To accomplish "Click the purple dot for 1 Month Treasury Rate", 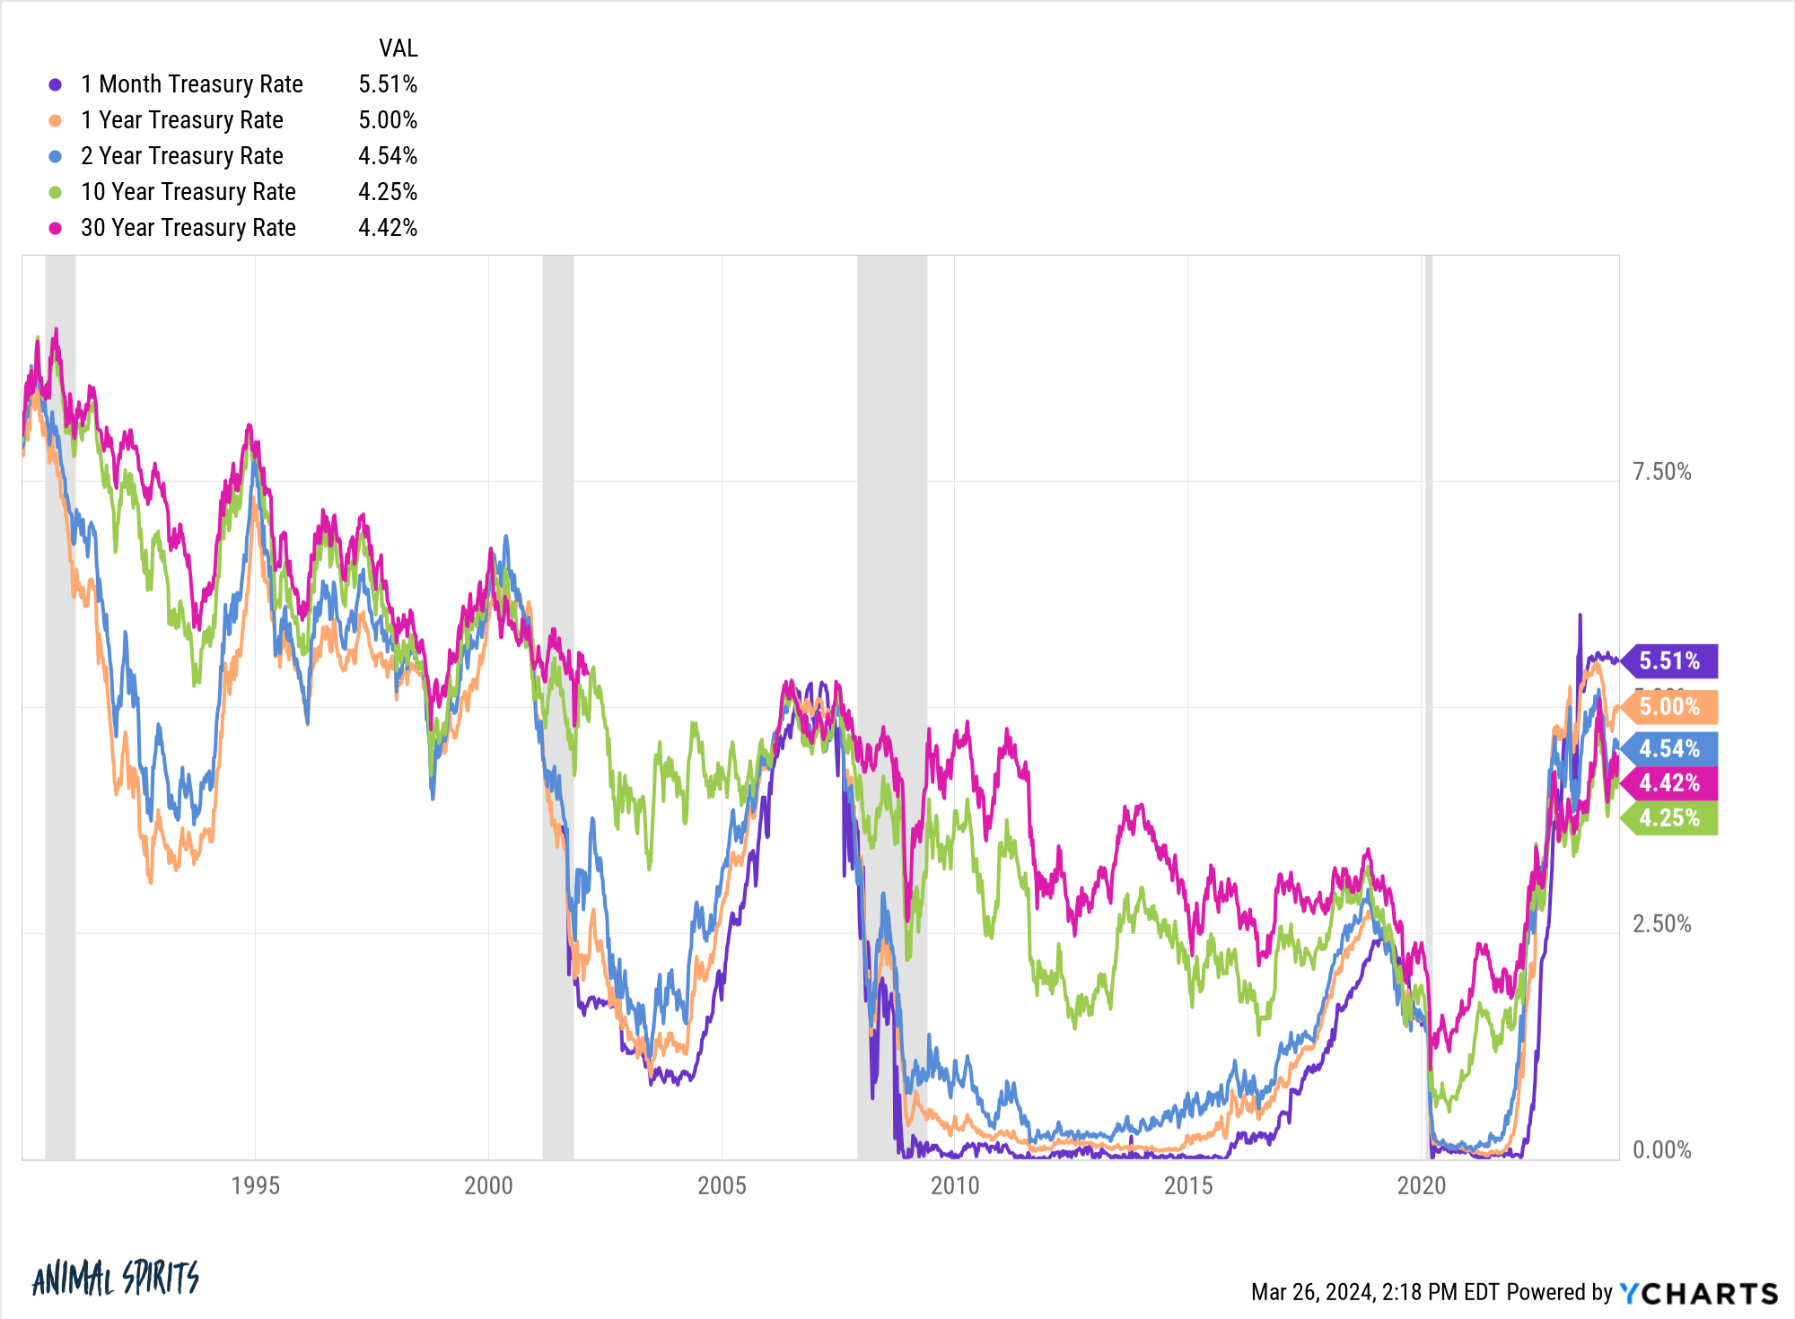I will click(x=56, y=84).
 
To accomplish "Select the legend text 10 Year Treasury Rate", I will click(x=188, y=192).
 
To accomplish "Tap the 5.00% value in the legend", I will click(x=388, y=120).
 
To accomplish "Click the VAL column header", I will click(x=398, y=48).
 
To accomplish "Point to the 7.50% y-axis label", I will click(x=1661, y=472).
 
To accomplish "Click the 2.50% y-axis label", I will click(x=1661, y=924).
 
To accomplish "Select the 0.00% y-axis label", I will click(x=1661, y=1150).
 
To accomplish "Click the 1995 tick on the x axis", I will click(x=256, y=1185).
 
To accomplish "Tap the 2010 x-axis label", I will click(x=955, y=1185).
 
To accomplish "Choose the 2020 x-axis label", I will click(x=1422, y=1185).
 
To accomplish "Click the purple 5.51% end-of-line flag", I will click(x=1670, y=661).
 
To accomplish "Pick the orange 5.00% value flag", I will click(x=1670, y=707).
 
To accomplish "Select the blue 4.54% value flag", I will click(x=1670, y=748).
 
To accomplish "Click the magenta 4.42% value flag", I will click(x=1670, y=783).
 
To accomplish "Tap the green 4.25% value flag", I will click(x=1670, y=818).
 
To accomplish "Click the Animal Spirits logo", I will click(x=115, y=1278).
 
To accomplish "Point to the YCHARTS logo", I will click(x=1698, y=1293).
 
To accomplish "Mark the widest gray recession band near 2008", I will click(x=892, y=628).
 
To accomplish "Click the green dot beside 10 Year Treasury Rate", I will click(x=56, y=192).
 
